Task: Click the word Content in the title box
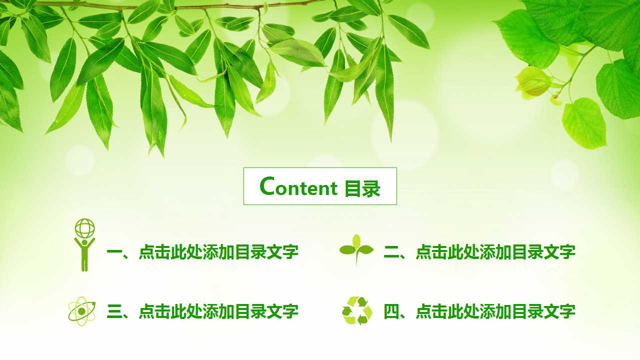[x=298, y=187]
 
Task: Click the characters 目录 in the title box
[x=362, y=188]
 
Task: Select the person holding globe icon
[x=84, y=245]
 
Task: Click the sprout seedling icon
[x=356, y=249]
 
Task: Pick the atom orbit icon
[x=81, y=311]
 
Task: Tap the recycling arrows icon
[x=357, y=310]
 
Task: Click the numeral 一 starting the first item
[x=114, y=252]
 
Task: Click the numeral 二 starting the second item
[x=391, y=252]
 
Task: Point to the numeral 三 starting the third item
[x=114, y=311]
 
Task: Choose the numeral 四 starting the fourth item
[x=391, y=311]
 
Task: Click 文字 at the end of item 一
[x=282, y=252]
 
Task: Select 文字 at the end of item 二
[x=559, y=252]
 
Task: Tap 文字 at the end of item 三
[x=282, y=311]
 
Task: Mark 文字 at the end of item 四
[x=559, y=311]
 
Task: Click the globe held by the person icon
[x=84, y=228]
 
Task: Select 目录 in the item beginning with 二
[x=527, y=252]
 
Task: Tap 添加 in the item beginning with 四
[x=495, y=311]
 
